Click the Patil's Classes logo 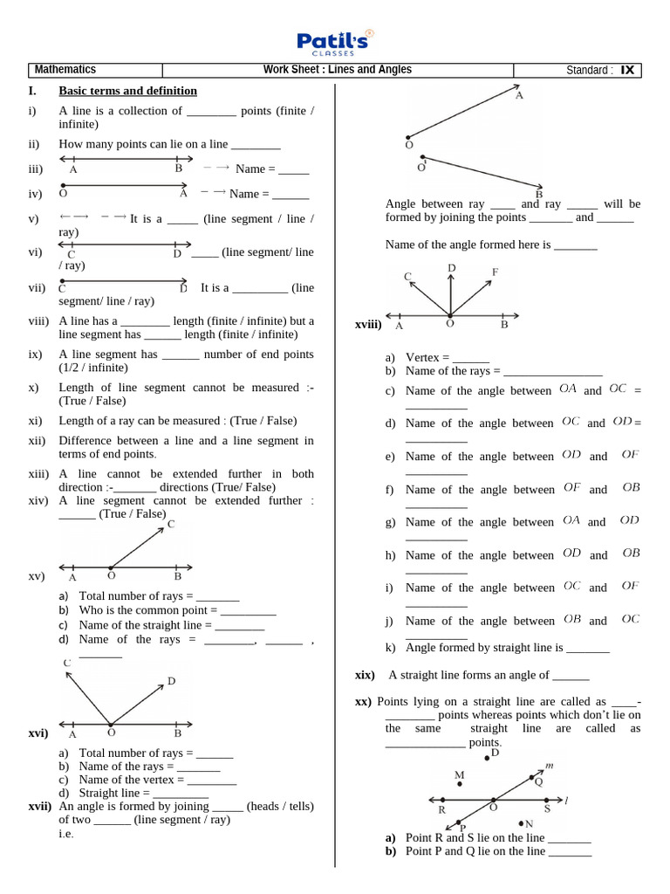click(x=335, y=41)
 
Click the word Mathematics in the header click(x=65, y=70)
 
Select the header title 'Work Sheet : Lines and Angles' click(x=338, y=70)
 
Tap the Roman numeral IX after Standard click(x=627, y=71)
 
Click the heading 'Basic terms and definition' click(x=127, y=91)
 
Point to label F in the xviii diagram click(x=495, y=272)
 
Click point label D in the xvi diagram click(x=171, y=681)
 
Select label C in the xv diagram click(x=171, y=524)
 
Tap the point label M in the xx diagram click(x=460, y=774)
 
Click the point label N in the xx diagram click(x=529, y=823)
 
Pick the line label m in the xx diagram click(x=549, y=766)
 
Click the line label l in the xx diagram click(x=566, y=799)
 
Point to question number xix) click(x=365, y=675)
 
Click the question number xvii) click(x=40, y=807)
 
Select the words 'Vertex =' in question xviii click(x=427, y=358)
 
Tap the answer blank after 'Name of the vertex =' click(x=206, y=780)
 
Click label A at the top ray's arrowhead click(x=519, y=96)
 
